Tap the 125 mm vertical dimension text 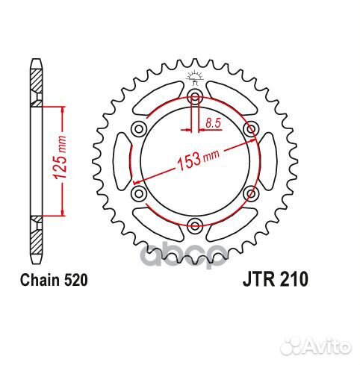point(54,160)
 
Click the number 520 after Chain point(78,281)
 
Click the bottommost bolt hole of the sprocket point(195,225)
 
